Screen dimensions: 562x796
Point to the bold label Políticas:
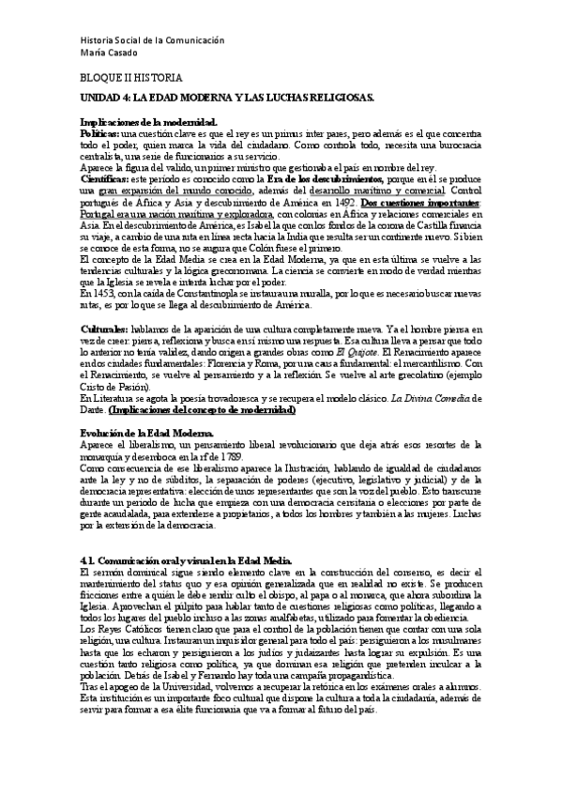(99, 134)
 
